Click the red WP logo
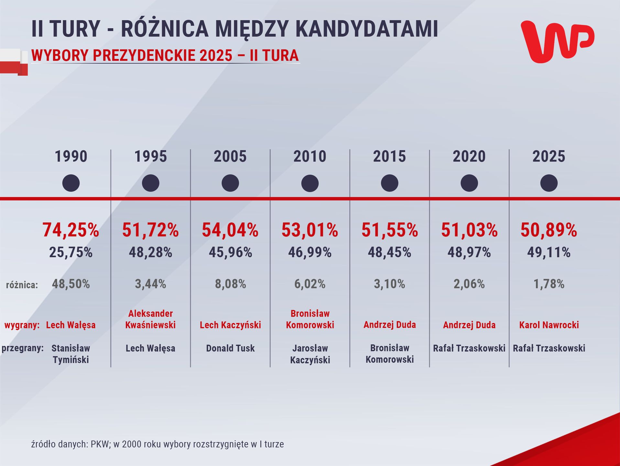557,41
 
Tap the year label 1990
71,157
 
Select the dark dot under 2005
230,183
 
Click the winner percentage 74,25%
71,230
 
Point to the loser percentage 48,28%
150,252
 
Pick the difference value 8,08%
230,284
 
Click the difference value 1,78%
549,284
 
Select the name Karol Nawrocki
549,325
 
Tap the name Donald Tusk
230,349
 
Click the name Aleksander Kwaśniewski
150,319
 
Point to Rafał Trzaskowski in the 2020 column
469,349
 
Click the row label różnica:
22,285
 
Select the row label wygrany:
22,325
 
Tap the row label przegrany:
23,349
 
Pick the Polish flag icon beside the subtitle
14,62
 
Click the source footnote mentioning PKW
158,444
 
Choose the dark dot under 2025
549,183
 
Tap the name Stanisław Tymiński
71,354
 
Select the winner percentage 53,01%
310,230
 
